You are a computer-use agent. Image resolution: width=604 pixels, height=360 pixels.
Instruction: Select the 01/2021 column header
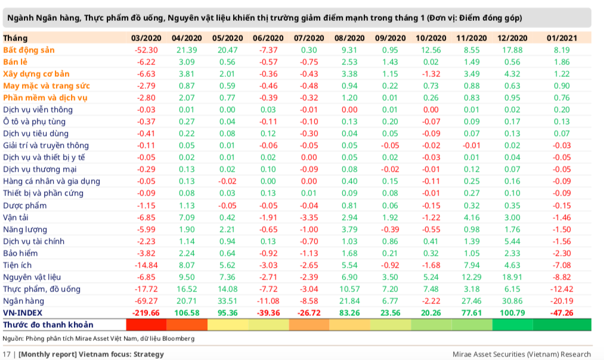[561, 38]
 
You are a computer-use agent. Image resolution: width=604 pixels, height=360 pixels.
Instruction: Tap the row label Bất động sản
[29, 50]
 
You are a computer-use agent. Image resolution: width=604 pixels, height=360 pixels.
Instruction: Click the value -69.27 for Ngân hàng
[146, 301]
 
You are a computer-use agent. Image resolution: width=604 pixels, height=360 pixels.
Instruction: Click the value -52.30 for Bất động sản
[146, 50]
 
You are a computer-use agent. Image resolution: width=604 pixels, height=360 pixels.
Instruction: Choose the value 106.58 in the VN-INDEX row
[185, 313]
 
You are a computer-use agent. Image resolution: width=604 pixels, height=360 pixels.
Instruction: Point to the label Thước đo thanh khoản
[48, 325]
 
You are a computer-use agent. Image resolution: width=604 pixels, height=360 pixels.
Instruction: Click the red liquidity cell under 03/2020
[146, 325]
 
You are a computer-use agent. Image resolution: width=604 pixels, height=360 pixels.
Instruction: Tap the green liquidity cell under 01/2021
[562, 325]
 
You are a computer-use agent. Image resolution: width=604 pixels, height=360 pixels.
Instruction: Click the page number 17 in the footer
[7, 354]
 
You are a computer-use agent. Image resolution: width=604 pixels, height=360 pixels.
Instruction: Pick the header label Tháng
[15, 38]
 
